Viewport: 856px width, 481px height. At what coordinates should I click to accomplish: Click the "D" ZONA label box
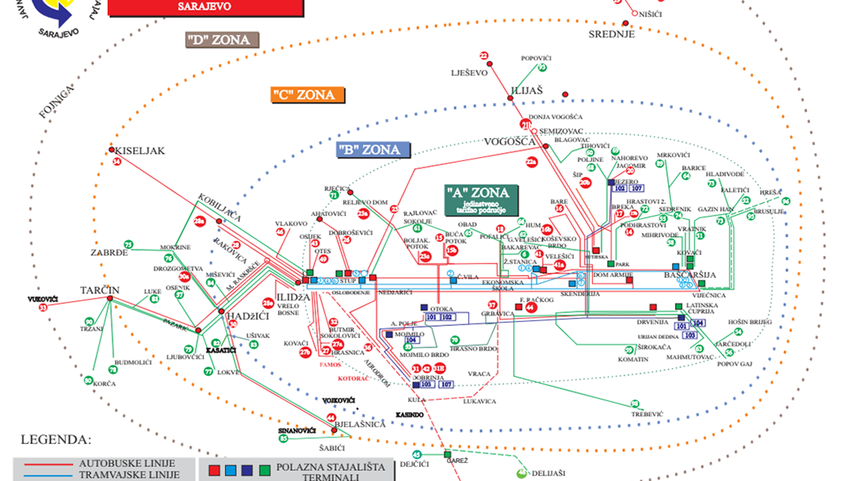(222, 40)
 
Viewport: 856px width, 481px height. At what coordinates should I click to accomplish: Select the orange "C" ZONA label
(307, 95)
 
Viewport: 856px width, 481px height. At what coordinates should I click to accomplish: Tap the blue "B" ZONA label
(373, 150)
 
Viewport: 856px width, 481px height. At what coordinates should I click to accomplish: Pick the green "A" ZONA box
(481, 200)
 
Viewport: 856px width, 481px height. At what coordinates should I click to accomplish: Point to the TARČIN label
(100, 290)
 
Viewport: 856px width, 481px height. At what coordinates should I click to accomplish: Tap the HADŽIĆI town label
(248, 316)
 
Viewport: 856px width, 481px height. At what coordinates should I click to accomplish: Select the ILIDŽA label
(293, 297)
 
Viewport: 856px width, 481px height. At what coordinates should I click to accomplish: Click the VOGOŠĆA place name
(510, 142)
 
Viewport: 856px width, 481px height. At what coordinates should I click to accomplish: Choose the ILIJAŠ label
(526, 91)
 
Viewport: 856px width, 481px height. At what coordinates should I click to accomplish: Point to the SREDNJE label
(611, 34)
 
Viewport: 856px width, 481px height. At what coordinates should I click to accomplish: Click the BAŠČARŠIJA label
(689, 275)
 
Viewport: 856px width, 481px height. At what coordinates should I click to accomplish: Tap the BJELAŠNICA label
(360, 424)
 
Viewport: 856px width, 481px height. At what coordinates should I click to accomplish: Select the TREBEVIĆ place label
(647, 414)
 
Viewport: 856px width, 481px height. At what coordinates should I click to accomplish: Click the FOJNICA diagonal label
(56, 102)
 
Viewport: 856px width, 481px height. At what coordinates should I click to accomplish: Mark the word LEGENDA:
(56, 440)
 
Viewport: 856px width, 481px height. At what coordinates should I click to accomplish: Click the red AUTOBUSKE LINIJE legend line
(49, 464)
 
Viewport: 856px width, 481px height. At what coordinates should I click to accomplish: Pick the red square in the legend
(214, 470)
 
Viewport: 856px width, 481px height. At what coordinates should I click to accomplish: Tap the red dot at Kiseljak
(112, 150)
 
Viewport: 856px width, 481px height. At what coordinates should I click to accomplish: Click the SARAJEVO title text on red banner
(204, 6)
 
